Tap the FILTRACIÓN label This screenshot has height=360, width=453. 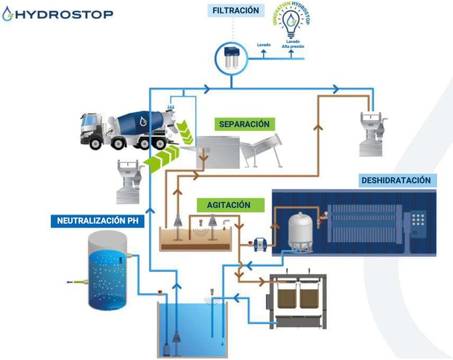(235, 10)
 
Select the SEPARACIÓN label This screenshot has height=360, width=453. (244, 125)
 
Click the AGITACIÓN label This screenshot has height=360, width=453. (228, 205)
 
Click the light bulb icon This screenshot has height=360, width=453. (290, 27)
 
